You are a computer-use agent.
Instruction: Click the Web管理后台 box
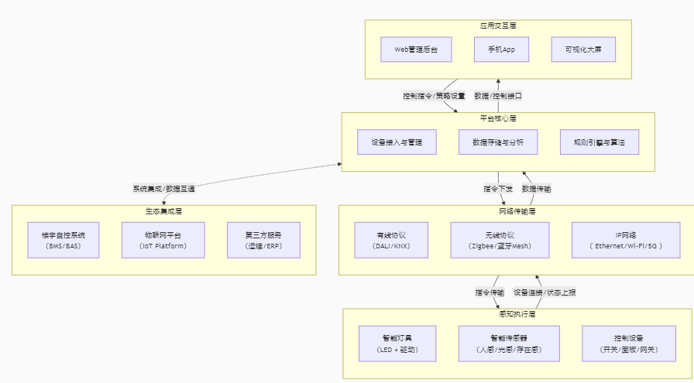point(416,50)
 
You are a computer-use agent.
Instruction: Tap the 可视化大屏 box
point(583,50)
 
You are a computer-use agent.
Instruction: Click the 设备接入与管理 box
point(397,142)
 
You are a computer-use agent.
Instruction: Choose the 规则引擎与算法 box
point(599,142)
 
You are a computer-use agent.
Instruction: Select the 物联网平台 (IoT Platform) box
point(163,240)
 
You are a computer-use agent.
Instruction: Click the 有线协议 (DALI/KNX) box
point(391,240)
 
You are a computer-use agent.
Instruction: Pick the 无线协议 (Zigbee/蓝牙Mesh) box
point(500,240)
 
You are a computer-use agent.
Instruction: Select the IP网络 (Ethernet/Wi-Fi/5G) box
point(628,240)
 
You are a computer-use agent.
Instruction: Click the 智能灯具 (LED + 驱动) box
point(397,344)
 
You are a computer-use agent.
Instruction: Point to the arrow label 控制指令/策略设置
point(434,96)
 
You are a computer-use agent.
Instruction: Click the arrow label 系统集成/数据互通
point(163,188)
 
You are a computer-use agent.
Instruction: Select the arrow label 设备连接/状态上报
point(545,292)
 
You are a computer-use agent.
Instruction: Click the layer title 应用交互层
point(498,26)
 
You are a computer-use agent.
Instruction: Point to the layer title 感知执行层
point(517,314)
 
